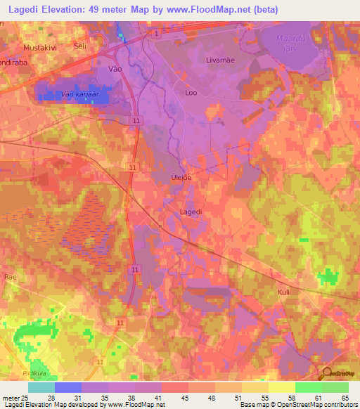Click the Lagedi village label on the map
193,210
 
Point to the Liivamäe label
219,61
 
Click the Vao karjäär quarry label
77,93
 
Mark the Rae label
11,277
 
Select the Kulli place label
284,291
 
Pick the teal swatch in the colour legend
41,387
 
